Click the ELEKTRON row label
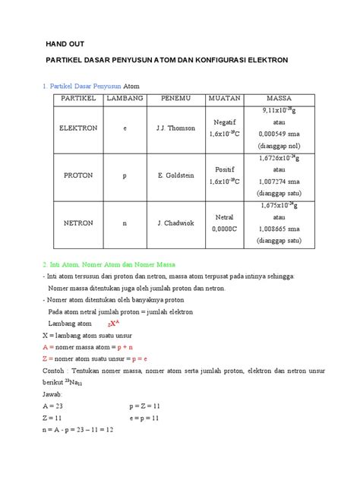(78, 128)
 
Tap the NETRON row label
(78, 224)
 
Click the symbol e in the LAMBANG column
(125, 128)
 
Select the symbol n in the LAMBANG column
(125, 224)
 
